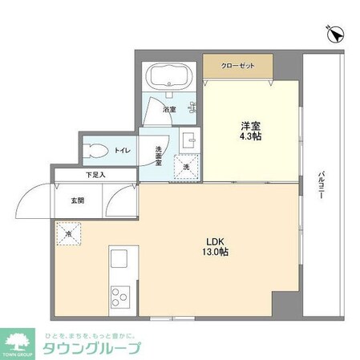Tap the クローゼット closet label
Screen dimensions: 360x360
click(x=238, y=66)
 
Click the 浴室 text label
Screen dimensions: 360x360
click(x=169, y=108)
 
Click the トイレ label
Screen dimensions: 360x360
click(x=123, y=150)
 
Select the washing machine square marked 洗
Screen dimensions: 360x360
click(x=185, y=168)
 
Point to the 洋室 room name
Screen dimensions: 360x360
click(x=250, y=126)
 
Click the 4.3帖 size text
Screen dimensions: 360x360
click(x=250, y=137)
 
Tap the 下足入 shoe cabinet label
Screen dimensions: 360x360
click(x=96, y=174)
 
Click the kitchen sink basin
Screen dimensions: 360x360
click(x=119, y=261)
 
